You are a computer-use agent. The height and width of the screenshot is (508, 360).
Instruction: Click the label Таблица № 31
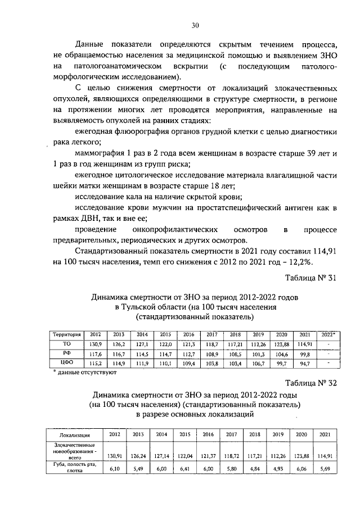click(309, 277)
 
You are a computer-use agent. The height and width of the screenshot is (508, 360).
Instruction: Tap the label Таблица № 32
click(309, 383)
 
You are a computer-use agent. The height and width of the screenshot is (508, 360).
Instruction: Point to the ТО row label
click(66, 343)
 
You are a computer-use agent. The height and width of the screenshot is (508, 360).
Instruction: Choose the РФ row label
click(66, 354)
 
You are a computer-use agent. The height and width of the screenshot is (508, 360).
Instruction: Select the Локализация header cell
click(75, 435)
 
